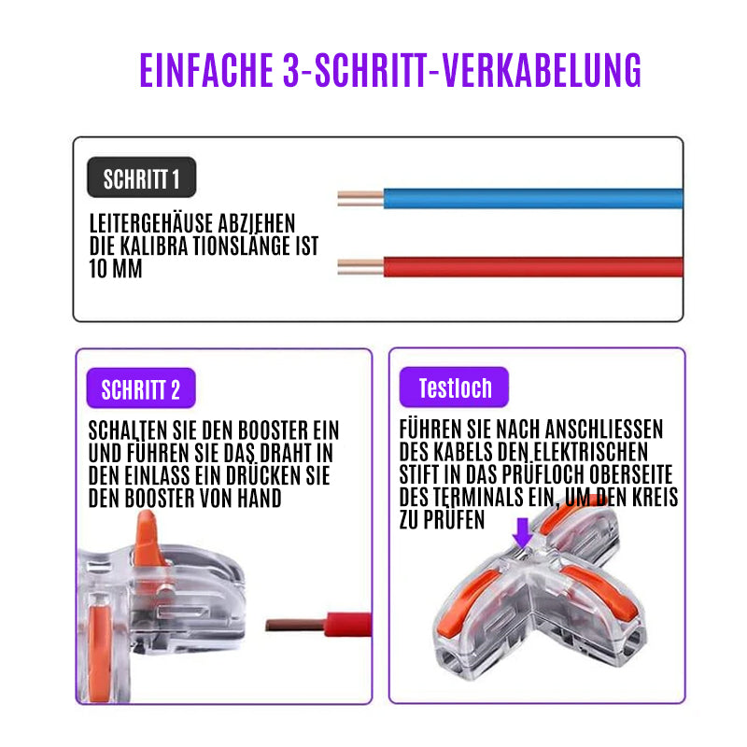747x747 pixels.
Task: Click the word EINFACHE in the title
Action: pyautogui.click(x=206, y=70)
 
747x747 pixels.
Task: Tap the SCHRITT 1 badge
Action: pyautogui.click(x=142, y=177)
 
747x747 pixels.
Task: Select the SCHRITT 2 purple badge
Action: pyautogui.click(x=141, y=388)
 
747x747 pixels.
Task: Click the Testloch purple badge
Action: pyautogui.click(x=454, y=388)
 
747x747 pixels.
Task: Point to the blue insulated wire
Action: pyautogui.click(x=532, y=199)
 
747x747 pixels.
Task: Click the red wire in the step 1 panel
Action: pyautogui.click(x=532, y=267)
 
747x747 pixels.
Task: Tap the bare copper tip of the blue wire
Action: pyautogui.click(x=360, y=199)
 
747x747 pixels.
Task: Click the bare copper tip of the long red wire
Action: pyautogui.click(x=360, y=267)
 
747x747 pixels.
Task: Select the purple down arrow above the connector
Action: pyautogui.click(x=523, y=533)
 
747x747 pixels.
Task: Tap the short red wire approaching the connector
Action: pyautogui.click(x=318, y=625)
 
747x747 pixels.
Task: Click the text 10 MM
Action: pyautogui.click(x=116, y=269)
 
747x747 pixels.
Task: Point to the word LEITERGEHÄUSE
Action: pyautogui.click(x=151, y=223)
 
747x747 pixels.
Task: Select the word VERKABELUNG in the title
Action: pyautogui.click(x=542, y=70)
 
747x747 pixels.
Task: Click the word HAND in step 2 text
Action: pyautogui.click(x=260, y=499)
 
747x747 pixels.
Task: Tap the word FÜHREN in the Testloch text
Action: pyautogui.click(x=430, y=429)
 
